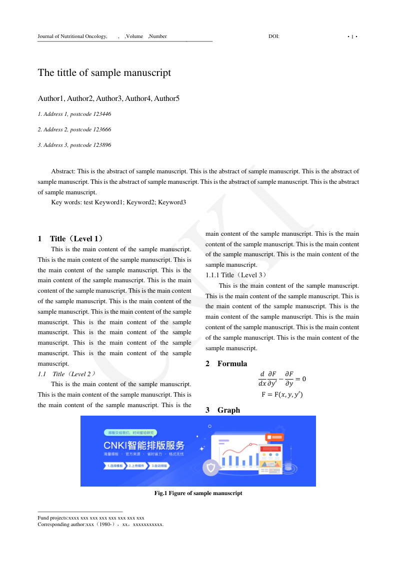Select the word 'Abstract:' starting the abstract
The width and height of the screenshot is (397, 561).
63,171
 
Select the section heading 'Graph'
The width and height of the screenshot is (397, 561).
228,410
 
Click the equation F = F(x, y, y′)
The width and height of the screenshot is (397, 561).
282,395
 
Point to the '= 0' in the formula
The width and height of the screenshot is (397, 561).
300,379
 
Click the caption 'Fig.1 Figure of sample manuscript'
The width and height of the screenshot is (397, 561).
198,493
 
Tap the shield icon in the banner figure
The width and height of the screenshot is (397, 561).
211,468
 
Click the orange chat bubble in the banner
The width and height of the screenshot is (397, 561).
274,437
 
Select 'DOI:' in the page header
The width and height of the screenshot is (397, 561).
274,36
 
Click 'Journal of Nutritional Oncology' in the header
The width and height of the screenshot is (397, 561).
72,36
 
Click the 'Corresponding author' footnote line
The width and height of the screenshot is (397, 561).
100,525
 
